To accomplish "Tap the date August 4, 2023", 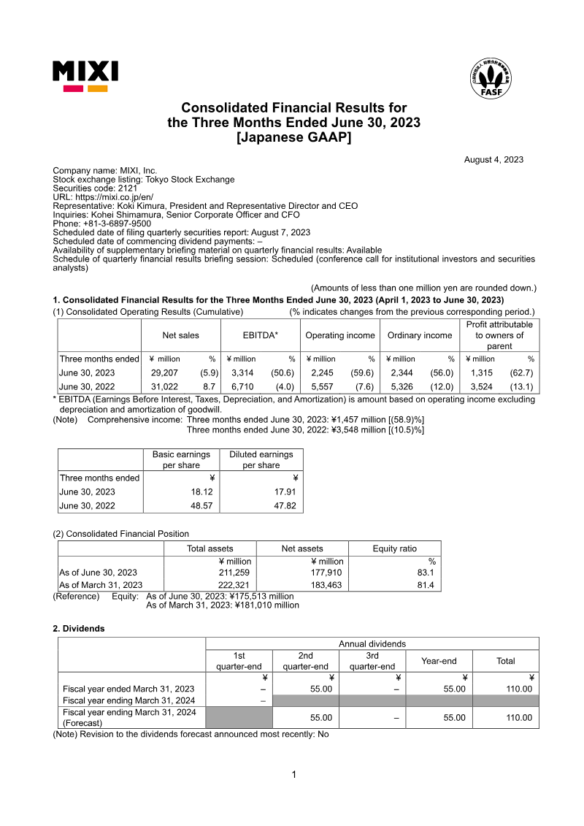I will pos(493,160).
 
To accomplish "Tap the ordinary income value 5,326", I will pos(401,386).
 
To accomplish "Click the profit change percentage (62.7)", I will pos(521,372).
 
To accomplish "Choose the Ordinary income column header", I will pos(420,335).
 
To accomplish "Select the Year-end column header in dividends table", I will pos(439,661).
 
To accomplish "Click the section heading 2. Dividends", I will pos(79,628).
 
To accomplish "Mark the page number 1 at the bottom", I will pos(293,774).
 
